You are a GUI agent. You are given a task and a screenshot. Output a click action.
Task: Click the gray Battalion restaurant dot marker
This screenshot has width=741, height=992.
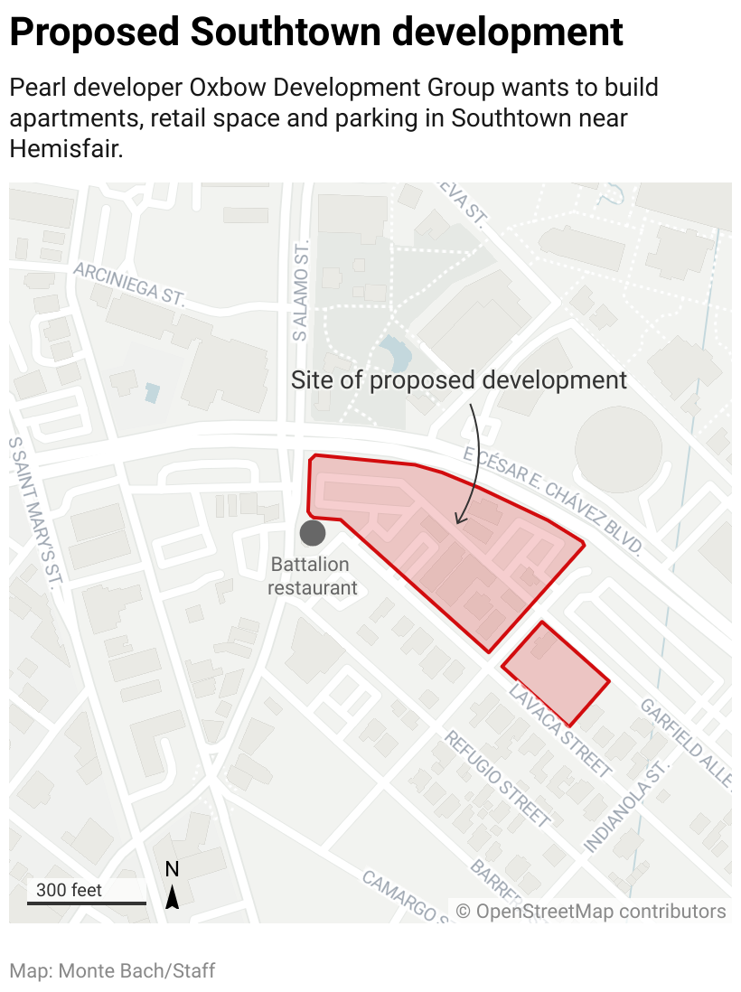[x=313, y=533]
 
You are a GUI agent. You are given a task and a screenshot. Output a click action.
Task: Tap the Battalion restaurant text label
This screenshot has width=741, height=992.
[x=314, y=576]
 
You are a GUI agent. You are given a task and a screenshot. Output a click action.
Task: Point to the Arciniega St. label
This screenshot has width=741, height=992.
[x=129, y=283]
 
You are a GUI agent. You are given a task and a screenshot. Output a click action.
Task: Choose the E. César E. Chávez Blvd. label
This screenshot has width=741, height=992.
[x=553, y=501]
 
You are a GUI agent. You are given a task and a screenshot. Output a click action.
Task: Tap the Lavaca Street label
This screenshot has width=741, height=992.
[x=560, y=732]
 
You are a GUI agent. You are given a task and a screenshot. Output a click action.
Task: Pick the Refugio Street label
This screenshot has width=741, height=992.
[x=497, y=778]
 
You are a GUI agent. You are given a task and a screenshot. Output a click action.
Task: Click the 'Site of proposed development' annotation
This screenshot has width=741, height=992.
[x=458, y=379]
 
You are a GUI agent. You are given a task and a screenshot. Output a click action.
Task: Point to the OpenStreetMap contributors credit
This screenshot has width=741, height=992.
[x=590, y=911]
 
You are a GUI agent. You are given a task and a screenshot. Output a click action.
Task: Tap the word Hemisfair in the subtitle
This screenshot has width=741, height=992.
[x=65, y=149]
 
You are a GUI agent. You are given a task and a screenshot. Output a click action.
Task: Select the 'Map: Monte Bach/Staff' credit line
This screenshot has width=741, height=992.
[x=113, y=971]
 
